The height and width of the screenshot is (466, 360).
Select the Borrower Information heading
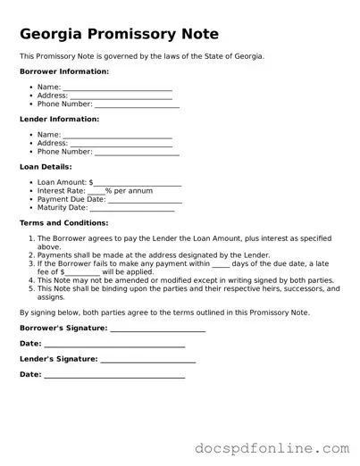coord(64,71)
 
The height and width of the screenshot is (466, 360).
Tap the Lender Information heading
coord(59,119)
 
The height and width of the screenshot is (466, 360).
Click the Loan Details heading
coord(46,166)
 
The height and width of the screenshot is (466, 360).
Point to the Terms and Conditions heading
coord(63,222)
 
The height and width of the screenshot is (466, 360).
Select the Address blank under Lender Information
coord(121,144)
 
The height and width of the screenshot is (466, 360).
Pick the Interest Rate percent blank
coord(96,192)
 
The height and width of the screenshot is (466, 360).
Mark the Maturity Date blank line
coord(132,209)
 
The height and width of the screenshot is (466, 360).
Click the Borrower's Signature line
coord(157,329)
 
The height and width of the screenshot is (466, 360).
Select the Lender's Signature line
coord(148,360)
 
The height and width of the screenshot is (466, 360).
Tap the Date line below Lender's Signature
coord(114,376)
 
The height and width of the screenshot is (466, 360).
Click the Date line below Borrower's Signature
coord(114,345)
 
